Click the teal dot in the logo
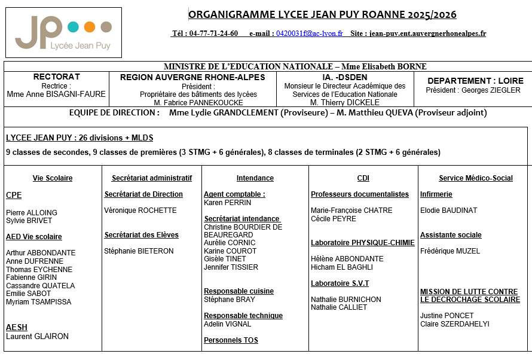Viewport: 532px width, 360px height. (74, 27)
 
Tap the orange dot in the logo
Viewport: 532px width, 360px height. (90, 27)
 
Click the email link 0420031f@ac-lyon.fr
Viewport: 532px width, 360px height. (309, 33)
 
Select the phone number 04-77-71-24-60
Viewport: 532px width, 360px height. (213, 33)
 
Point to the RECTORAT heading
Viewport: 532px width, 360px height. (56, 77)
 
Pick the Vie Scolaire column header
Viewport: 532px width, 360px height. (53, 178)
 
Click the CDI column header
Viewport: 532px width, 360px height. (363, 178)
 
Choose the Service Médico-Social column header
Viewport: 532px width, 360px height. (476, 178)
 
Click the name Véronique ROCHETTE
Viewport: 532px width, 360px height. (140, 210)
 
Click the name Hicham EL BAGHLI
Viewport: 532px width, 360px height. (342, 267)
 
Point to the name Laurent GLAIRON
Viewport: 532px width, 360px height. (37, 336)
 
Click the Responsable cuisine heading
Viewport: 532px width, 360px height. (239, 291)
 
